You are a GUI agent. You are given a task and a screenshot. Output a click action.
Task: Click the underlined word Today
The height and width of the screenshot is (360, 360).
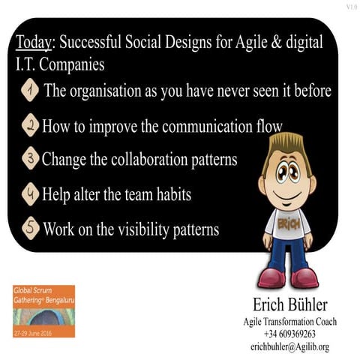tap(32, 43)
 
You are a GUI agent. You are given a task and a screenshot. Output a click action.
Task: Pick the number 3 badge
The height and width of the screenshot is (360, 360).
tap(30, 160)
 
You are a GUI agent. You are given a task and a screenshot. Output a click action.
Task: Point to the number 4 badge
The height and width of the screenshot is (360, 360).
tap(30, 194)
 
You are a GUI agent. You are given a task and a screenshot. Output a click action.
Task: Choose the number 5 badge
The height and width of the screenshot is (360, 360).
tap(30, 228)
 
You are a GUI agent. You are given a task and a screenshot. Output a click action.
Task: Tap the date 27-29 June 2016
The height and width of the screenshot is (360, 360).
tap(36, 331)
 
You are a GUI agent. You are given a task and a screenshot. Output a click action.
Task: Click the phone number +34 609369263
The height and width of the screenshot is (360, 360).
tap(289, 334)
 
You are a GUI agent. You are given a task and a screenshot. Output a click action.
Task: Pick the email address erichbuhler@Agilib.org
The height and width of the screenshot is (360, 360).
tap(289, 346)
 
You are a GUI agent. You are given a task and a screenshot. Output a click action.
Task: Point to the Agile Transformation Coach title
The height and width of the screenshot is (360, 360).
tap(289, 322)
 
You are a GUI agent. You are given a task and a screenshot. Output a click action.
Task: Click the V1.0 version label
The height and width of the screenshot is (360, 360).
tap(352, 7)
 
